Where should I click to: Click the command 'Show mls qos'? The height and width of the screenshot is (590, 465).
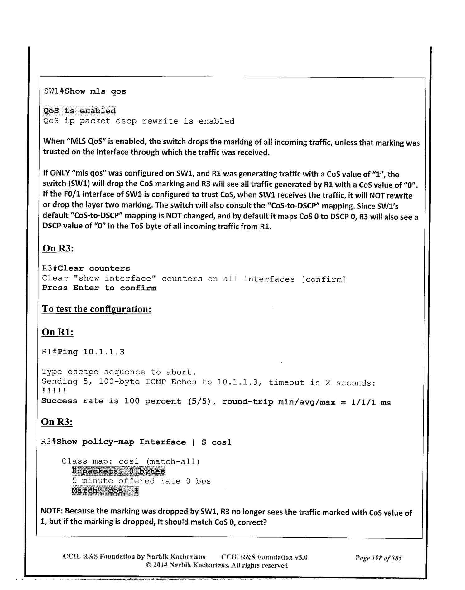pos(95,91)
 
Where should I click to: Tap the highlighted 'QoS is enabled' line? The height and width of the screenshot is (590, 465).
pos(79,111)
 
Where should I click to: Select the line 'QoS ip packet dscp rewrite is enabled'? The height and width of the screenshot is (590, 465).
pos(139,121)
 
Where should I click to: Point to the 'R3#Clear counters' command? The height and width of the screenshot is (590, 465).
pos(86,268)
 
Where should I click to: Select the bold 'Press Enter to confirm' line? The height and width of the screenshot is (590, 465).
pos(99,288)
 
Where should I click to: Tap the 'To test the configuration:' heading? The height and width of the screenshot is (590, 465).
pos(97,309)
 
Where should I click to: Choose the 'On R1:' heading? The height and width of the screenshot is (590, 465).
pos(58,332)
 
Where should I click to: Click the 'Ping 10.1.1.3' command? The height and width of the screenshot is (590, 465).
pos(91,352)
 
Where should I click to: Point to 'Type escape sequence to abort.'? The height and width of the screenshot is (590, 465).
pos(118,372)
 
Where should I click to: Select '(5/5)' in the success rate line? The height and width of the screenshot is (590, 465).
pos(199,401)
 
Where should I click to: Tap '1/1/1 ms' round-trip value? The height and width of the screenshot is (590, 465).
pos(371,402)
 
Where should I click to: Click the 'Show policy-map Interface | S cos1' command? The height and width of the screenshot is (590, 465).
pos(144,442)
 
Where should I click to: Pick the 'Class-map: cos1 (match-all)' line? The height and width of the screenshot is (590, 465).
pos(131,461)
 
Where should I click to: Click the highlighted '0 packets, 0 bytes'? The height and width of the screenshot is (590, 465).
pos(118,471)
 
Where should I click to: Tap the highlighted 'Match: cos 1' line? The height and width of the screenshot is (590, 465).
pos(105,491)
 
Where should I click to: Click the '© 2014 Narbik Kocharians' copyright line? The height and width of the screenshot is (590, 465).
pos(217,565)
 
